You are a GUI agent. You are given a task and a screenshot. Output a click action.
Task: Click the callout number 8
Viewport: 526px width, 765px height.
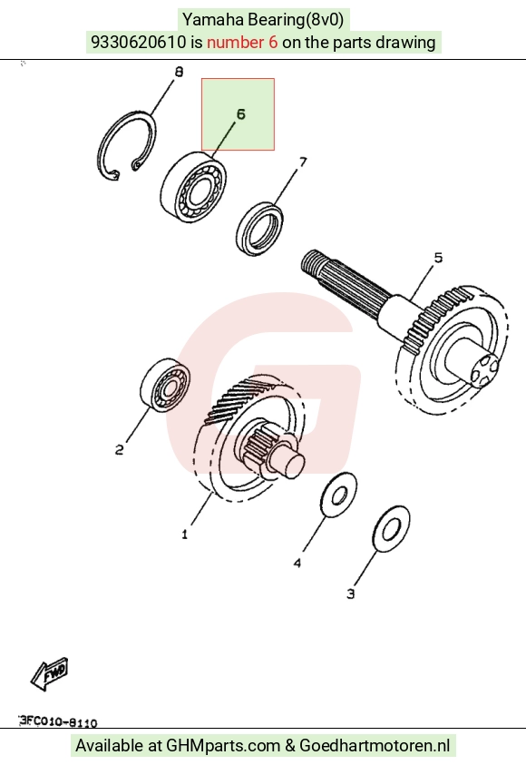179,72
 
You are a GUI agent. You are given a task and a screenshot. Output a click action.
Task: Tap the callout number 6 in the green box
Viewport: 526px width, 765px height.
241,114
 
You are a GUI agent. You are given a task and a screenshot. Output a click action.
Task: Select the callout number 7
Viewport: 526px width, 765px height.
303,162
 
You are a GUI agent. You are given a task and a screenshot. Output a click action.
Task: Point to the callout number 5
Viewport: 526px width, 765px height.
438,257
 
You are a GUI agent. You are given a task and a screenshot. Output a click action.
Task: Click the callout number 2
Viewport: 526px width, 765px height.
119,449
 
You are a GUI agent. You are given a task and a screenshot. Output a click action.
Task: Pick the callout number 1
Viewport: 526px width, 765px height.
184,535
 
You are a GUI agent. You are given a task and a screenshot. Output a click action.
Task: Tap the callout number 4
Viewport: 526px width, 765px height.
297,563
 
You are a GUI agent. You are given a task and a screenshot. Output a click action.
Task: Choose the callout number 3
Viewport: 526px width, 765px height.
350,593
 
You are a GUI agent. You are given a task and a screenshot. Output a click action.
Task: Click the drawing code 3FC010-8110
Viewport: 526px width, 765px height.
58,721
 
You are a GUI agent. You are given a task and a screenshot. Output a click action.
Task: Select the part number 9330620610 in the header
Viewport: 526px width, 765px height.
139,43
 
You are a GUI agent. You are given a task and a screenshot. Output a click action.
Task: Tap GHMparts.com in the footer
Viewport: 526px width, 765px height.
223,745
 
